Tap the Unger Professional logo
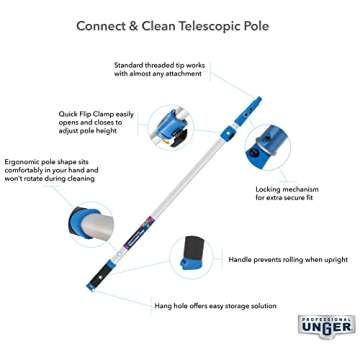(326, 326)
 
